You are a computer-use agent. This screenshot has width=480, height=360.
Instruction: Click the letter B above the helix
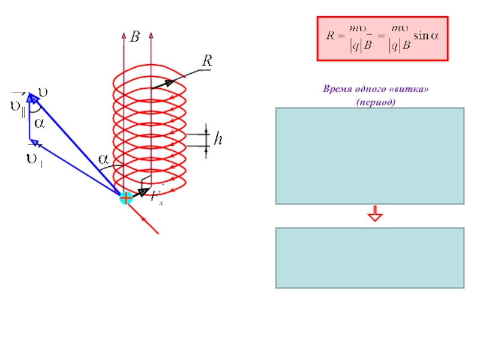[135, 37]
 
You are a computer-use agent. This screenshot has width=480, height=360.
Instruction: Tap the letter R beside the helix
[207, 61]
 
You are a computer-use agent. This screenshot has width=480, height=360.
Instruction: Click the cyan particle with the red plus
[126, 197]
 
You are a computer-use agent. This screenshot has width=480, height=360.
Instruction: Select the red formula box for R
[382, 39]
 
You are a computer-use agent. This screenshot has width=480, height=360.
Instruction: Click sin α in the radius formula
[428, 36]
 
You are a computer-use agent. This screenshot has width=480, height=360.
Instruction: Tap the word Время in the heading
[337, 89]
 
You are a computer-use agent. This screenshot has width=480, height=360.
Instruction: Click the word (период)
[376, 102]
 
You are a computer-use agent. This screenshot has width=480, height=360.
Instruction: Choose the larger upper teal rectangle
[370, 156]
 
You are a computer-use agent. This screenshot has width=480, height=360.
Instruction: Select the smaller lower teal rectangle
[370, 257]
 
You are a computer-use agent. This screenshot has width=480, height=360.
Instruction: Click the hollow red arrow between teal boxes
[376, 214]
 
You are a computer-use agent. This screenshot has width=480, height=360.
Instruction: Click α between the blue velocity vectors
[39, 124]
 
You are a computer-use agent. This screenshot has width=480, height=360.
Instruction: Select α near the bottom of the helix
[104, 159]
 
